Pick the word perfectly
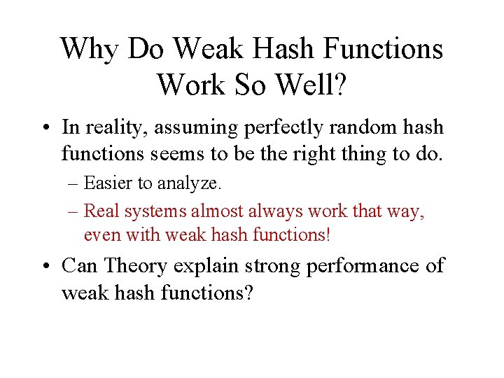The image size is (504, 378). pyautogui.click(x=283, y=128)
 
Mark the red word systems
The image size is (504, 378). pyautogui.click(x=158, y=211)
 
